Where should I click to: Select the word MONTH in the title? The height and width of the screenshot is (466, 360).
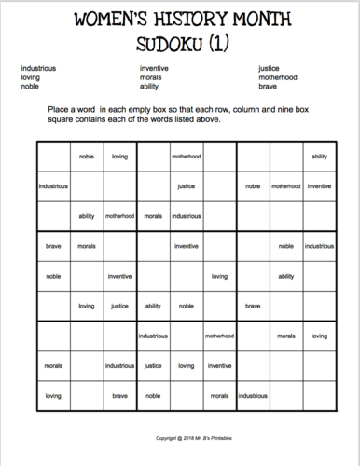click(x=266, y=20)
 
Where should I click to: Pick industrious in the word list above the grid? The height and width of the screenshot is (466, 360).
click(x=37, y=67)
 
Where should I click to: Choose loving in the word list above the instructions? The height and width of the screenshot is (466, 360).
click(x=30, y=76)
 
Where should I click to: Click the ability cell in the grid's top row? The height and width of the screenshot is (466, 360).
click(x=319, y=157)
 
